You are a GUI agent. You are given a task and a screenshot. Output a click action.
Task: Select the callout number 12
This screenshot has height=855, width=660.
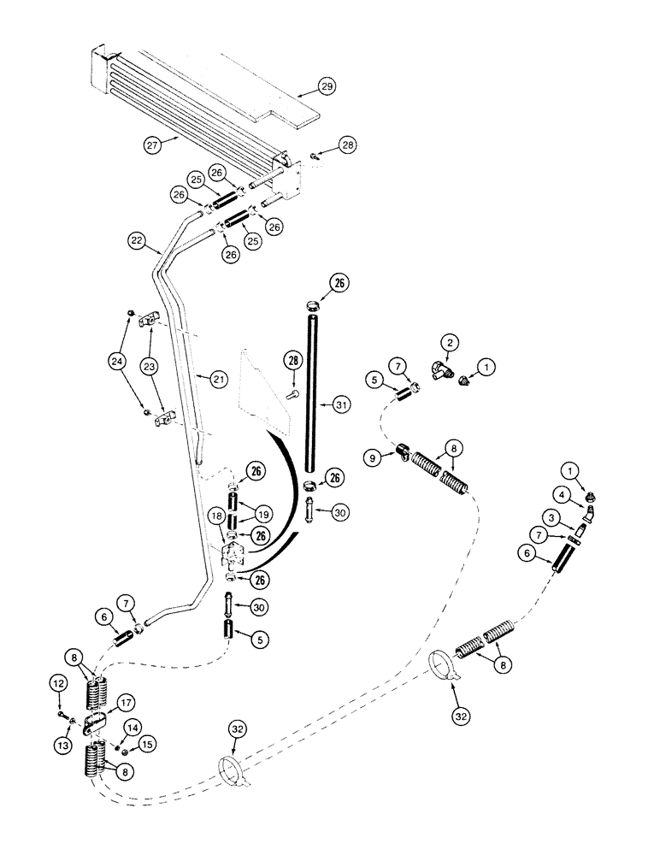59,683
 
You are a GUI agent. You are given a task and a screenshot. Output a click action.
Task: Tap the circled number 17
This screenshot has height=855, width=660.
127,704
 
